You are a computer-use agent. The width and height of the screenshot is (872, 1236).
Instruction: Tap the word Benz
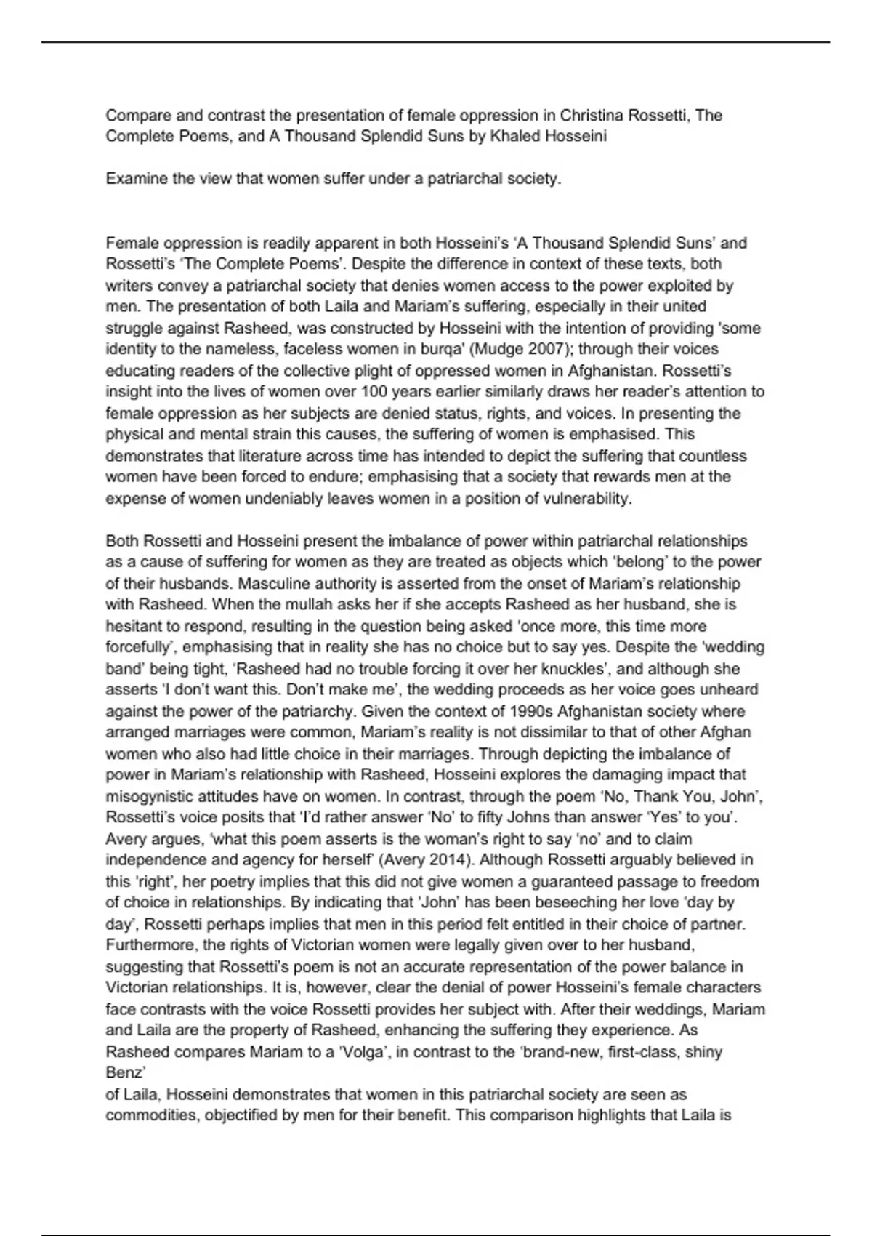(124, 1072)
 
